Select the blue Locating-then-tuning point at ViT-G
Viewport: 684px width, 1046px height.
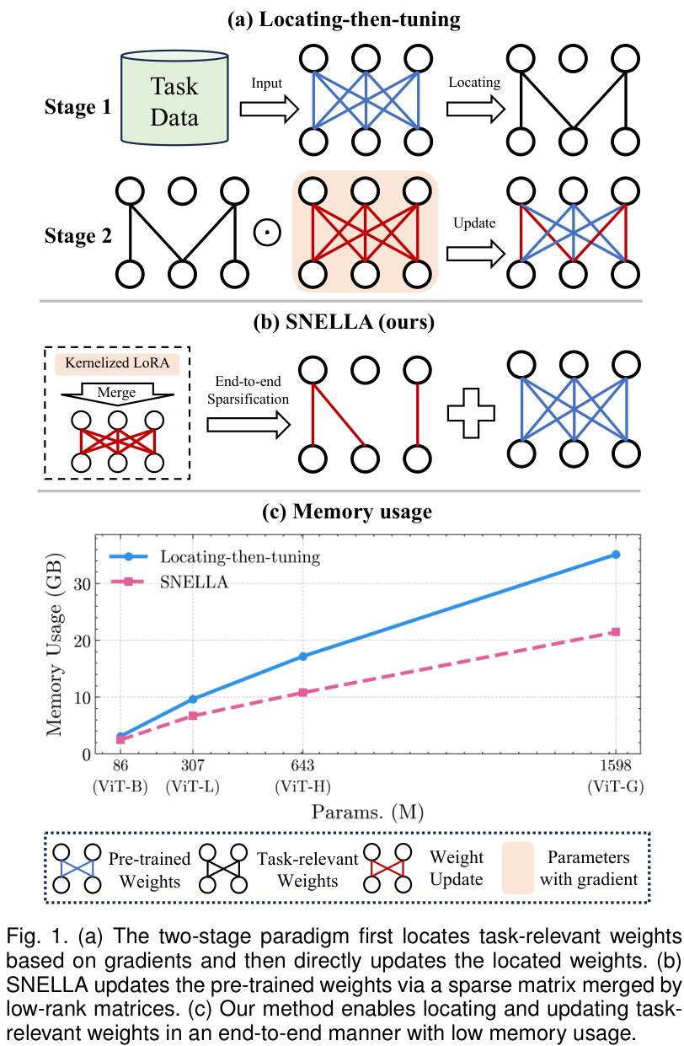click(616, 555)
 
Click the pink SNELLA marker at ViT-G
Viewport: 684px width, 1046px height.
click(616, 631)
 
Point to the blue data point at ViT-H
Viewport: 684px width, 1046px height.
click(302, 656)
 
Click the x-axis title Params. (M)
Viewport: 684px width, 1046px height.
click(365, 813)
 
